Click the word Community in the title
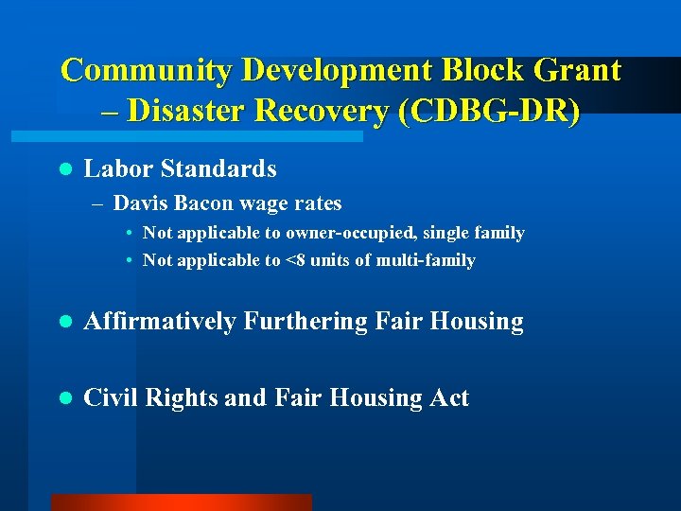click(x=147, y=70)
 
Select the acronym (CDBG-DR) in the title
click(x=490, y=111)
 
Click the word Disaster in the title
click(x=189, y=111)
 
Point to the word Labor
click(x=119, y=169)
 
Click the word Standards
click(x=218, y=169)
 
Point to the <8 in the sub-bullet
click(x=295, y=260)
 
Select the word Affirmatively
click(x=160, y=322)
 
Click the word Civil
click(x=108, y=397)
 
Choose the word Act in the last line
click(x=449, y=397)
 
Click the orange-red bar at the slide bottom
click(x=181, y=502)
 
